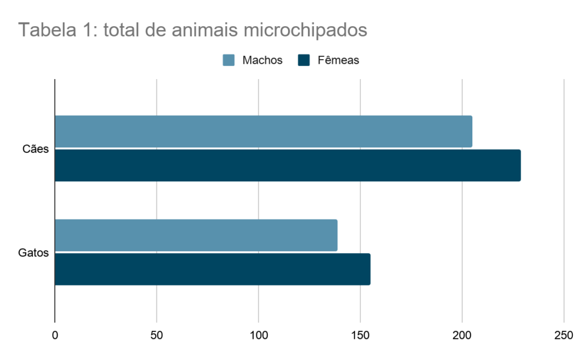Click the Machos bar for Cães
[263, 131]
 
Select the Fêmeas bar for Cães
[288, 165]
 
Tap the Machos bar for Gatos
[196, 235]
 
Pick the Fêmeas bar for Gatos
[213, 269]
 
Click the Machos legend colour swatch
[228, 60]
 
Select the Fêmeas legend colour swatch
[304, 60]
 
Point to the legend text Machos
[262, 60]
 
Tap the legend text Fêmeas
[338, 60]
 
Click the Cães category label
[36, 149]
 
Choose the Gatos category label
[34, 253]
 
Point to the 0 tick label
[55, 335]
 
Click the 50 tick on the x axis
[156, 335]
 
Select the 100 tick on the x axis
[258, 335]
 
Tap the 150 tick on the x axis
[360, 335]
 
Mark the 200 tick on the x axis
[462, 335]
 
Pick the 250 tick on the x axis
[563, 335]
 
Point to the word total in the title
[122, 30]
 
